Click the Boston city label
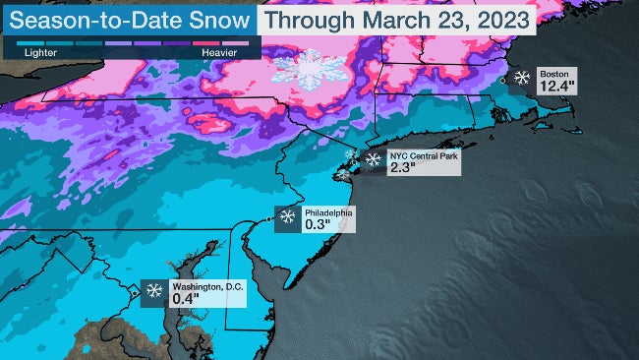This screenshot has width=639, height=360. (x=554, y=74)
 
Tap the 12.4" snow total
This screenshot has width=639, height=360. (x=556, y=89)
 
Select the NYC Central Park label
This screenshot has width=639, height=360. (x=422, y=155)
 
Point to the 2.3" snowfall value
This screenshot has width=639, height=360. (x=403, y=168)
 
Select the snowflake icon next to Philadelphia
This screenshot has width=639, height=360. (x=288, y=217)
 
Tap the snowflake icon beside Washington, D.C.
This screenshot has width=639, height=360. (x=155, y=290)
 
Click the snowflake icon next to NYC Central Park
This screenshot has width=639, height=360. (x=373, y=159)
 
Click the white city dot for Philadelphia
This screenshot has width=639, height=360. (x=271, y=218)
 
